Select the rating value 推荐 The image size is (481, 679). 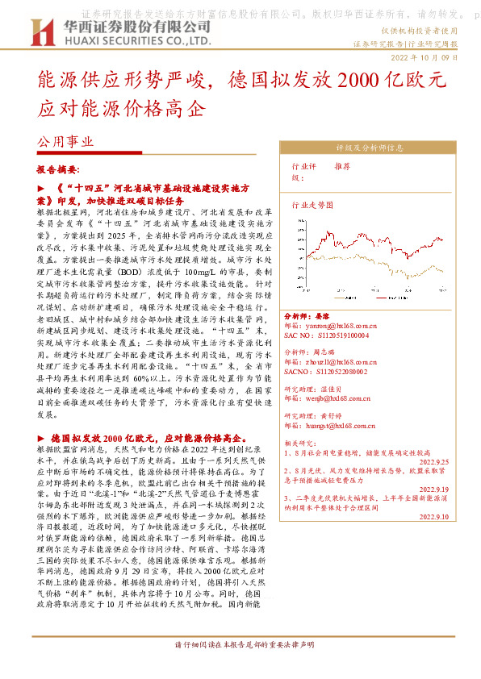(342, 165)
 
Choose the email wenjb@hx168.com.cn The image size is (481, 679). (339, 398)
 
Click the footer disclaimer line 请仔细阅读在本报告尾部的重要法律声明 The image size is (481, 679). (240, 668)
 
